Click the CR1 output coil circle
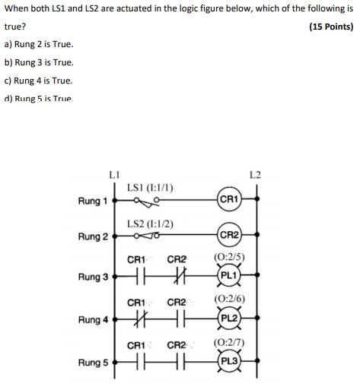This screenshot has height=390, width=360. point(229,201)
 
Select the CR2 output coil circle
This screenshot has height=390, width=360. point(229,236)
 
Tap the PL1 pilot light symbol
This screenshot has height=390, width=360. point(229,276)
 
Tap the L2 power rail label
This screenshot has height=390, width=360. point(255,176)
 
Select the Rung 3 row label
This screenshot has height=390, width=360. point(93,277)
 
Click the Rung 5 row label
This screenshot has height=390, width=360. point(93,363)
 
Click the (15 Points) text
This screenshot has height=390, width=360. point(331,27)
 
